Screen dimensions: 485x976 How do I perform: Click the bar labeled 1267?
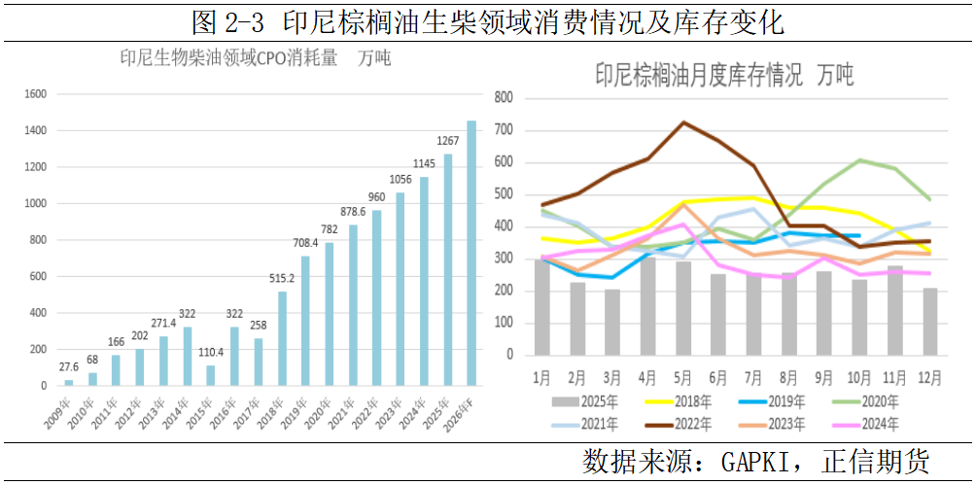(x=448, y=269)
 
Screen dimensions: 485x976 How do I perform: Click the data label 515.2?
(x=281, y=278)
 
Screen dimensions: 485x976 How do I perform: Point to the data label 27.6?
(x=68, y=366)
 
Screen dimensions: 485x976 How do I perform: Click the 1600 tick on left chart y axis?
(x=35, y=94)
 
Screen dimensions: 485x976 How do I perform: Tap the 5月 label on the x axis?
(x=683, y=375)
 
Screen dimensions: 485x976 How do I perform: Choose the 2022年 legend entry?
(x=687, y=423)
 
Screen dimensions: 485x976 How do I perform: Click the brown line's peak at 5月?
(x=683, y=122)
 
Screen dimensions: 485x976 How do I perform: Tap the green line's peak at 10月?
(x=860, y=160)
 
